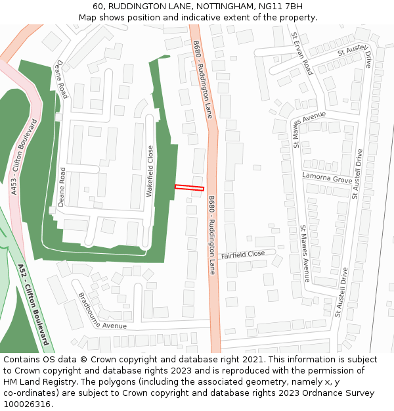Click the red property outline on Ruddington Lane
189,187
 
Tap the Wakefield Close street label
150,171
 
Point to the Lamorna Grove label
327,178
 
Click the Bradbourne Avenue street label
101,312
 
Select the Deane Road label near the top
61,79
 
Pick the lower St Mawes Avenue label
305,253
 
